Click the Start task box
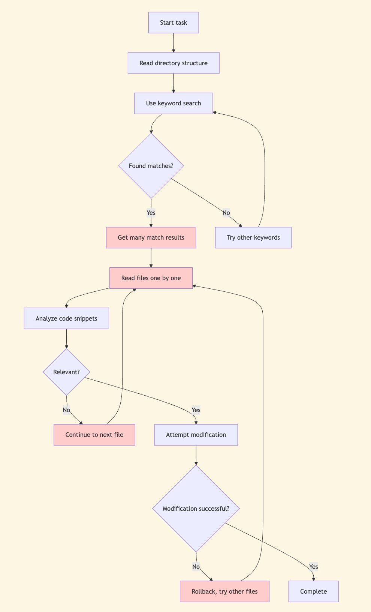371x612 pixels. point(174,23)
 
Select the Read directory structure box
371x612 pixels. point(174,63)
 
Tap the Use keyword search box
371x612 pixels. point(174,103)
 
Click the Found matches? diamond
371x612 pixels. point(151,166)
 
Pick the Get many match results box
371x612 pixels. point(151,238)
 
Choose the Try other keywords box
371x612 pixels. point(253,238)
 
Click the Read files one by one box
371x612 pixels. point(151,278)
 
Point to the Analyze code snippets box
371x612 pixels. point(66,319)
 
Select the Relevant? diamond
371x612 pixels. point(66,372)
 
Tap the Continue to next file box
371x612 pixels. point(94,435)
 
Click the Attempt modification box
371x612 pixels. point(196,435)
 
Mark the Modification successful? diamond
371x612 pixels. point(196,509)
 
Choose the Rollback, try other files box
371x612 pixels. point(224,592)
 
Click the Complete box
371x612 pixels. point(314,592)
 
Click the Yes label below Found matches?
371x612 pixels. point(151,213)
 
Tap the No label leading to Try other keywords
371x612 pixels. point(226,213)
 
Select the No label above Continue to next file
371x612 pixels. point(66,410)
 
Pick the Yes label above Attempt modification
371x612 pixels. point(196,410)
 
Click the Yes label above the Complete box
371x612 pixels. point(314,567)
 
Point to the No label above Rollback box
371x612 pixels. point(196,567)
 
